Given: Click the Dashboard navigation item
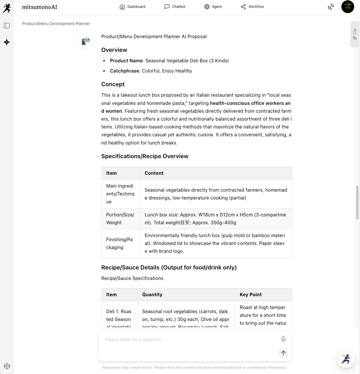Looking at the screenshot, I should coord(132,7).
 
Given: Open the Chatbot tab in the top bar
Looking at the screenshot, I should coord(175,7).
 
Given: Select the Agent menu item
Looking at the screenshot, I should coord(213,7).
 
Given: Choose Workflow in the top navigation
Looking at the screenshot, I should coord(252,7).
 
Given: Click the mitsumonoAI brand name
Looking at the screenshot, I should coord(40,7).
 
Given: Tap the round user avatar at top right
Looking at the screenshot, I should coord(347,7).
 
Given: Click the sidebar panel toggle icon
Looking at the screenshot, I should coord(7,26).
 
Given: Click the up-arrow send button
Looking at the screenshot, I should coord(283,353).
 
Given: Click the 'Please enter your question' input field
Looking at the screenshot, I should coord(189,340).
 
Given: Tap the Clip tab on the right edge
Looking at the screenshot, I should coord(354,34).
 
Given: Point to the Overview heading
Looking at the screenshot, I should coord(114,50).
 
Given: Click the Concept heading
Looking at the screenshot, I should coord(113,84).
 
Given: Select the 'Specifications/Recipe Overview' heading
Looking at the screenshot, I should coord(145,156).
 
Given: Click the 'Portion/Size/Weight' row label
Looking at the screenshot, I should coord(120,219).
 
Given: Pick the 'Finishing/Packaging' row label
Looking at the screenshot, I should coord(119,244).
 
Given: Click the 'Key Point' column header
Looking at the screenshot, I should coord(251,294).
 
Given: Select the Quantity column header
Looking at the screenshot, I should coord(152,294).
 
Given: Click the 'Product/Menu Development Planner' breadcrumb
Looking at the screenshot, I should coord(56,24).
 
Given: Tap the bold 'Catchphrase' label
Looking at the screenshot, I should coord(125,71).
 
